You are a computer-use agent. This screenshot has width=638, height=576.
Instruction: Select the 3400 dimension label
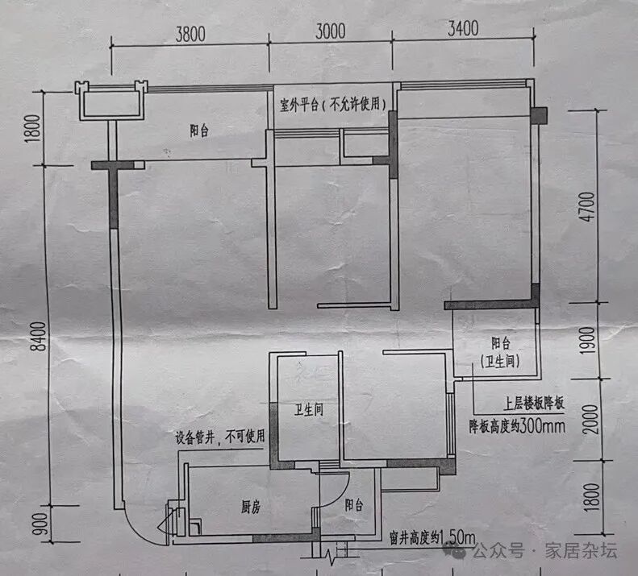[x=461, y=29]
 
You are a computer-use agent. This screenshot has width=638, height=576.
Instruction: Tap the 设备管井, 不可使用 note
[x=220, y=438]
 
